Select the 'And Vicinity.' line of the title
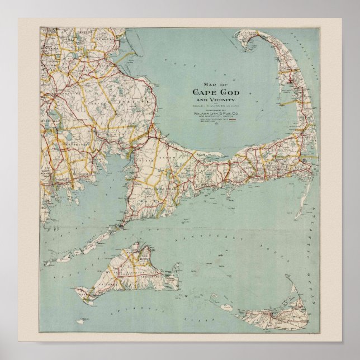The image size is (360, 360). pyautogui.click(x=215, y=100)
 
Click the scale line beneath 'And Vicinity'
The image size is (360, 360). pyautogui.click(x=214, y=106)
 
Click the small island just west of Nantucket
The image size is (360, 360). pyautogui.click(x=226, y=307)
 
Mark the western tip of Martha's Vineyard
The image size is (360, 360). pyautogui.click(x=78, y=290)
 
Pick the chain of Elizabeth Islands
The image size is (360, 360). pyautogui.click(x=84, y=249)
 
